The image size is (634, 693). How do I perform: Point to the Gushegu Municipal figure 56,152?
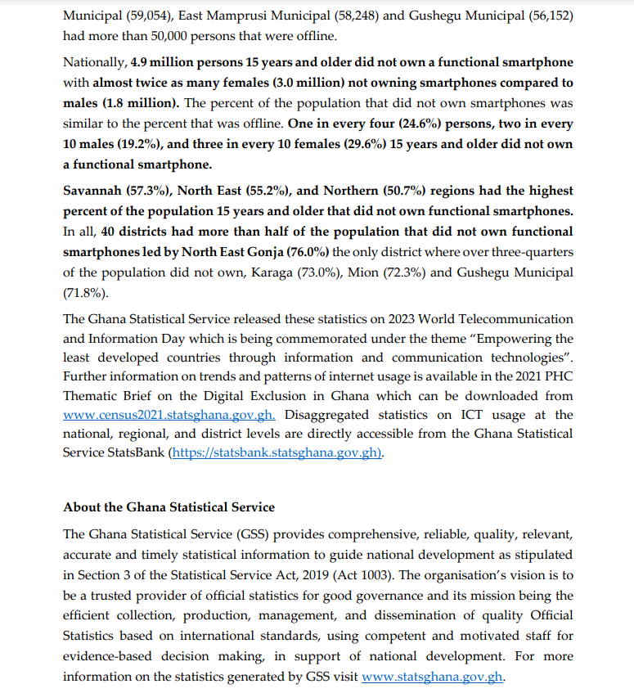[548, 15]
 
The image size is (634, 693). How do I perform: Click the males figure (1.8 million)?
[140, 103]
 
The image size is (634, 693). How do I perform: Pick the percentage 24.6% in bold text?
[372, 124]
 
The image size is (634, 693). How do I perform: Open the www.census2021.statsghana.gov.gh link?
[169, 416]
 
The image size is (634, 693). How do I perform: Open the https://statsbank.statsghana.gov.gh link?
[276, 452]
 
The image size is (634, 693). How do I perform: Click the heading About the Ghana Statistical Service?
[169, 507]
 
